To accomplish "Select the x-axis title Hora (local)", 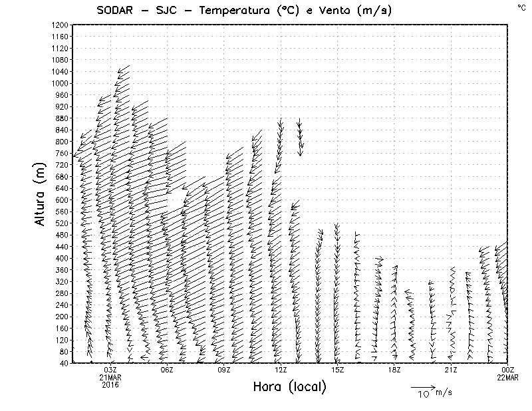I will tap(289, 387).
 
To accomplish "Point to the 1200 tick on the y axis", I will tap(59, 25).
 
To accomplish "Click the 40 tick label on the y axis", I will tap(63, 363).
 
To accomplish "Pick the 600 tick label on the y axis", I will tap(61, 200).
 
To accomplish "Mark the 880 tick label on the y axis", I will tap(61, 118).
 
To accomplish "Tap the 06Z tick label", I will tap(167, 370).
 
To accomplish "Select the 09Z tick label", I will tap(223, 370).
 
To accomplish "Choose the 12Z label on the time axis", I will tap(281, 370).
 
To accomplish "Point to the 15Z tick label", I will tap(337, 370).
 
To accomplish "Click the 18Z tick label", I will tap(394, 370).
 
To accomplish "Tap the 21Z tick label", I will tap(451, 370).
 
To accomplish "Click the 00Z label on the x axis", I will tap(508, 370).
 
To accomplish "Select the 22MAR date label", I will tap(508, 377).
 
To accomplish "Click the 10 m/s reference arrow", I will tap(422, 386).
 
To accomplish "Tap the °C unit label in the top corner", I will tap(521, 7).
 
